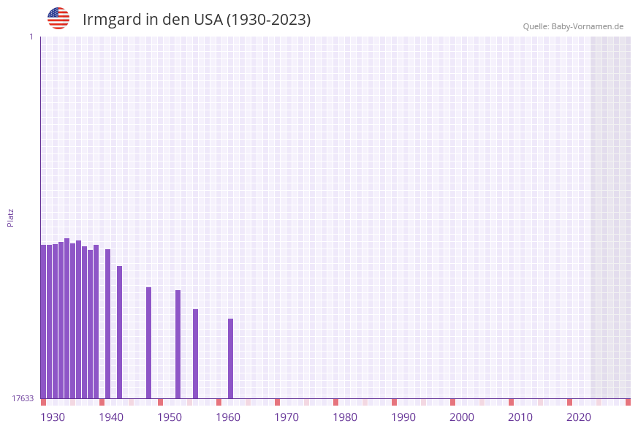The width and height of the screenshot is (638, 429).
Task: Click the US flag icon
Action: (58, 18)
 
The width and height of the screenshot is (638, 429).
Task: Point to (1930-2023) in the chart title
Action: (268, 20)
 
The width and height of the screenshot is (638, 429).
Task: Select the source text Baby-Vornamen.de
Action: (587, 26)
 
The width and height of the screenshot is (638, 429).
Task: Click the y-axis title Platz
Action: (11, 217)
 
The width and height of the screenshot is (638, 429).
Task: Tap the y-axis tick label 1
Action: (31, 37)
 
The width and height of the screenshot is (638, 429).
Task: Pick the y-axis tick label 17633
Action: (23, 398)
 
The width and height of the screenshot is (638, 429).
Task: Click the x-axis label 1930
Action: (53, 417)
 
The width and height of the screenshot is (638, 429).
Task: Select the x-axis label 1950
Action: (170, 417)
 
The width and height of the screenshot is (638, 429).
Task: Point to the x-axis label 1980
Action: (345, 417)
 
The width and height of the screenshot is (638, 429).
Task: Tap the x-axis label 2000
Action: (462, 417)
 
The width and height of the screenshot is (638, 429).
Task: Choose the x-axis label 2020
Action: (579, 417)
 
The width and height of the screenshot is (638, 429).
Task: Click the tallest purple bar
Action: (67, 318)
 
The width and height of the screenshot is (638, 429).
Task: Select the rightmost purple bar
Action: (231, 358)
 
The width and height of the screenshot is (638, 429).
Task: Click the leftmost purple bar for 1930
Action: (44, 322)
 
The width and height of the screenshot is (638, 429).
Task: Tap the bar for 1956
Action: (196, 354)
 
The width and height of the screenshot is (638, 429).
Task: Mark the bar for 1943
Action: (120, 332)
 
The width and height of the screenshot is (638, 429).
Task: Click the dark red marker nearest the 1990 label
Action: (395, 402)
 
